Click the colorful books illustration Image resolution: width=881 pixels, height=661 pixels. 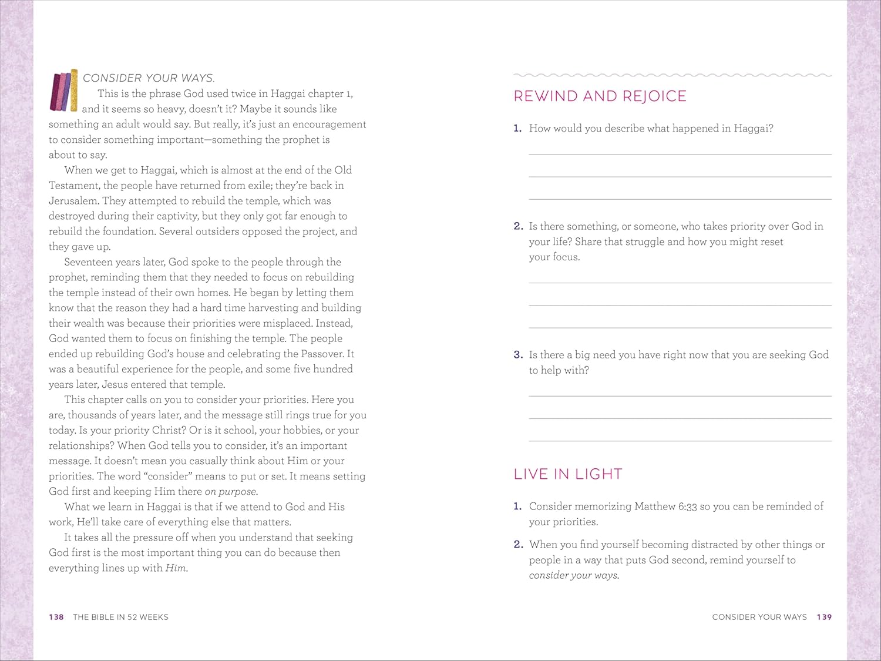(x=64, y=90)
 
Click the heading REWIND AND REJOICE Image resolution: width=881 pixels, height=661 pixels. (x=600, y=96)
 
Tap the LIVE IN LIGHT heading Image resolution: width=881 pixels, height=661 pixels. (x=567, y=474)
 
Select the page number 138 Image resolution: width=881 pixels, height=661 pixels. (x=56, y=617)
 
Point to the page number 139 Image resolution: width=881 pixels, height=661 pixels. (x=824, y=617)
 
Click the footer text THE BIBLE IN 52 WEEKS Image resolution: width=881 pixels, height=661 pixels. (x=120, y=617)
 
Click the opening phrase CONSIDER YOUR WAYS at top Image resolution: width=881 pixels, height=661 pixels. (x=148, y=78)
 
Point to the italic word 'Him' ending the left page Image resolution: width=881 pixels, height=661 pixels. (x=176, y=568)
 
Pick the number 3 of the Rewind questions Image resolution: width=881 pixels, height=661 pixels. (x=517, y=355)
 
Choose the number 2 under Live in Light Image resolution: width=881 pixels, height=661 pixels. (x=517, y=545)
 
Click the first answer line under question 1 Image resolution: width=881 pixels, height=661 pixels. (x=680, y=153)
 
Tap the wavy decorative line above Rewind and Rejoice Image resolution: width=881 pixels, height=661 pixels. (x=672, y=75)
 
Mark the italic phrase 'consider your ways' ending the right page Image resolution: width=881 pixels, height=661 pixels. (x=573, y=576)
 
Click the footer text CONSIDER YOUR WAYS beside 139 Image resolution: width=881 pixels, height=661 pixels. (x=759, y=617)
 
